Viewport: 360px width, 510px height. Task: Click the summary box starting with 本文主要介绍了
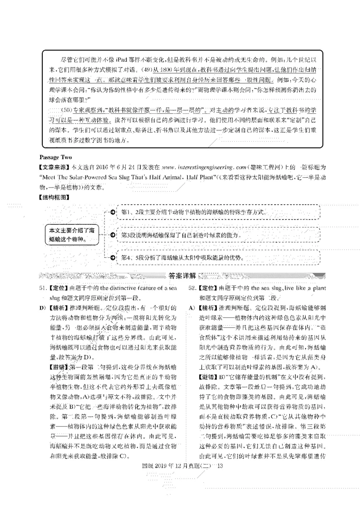coord(72,234)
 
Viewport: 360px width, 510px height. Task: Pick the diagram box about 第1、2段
coord(216,211)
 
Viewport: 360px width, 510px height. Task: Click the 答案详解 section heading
coord(181,276)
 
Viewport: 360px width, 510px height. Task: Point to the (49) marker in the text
coord(145,70)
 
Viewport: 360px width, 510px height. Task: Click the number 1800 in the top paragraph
coord(165,70)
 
